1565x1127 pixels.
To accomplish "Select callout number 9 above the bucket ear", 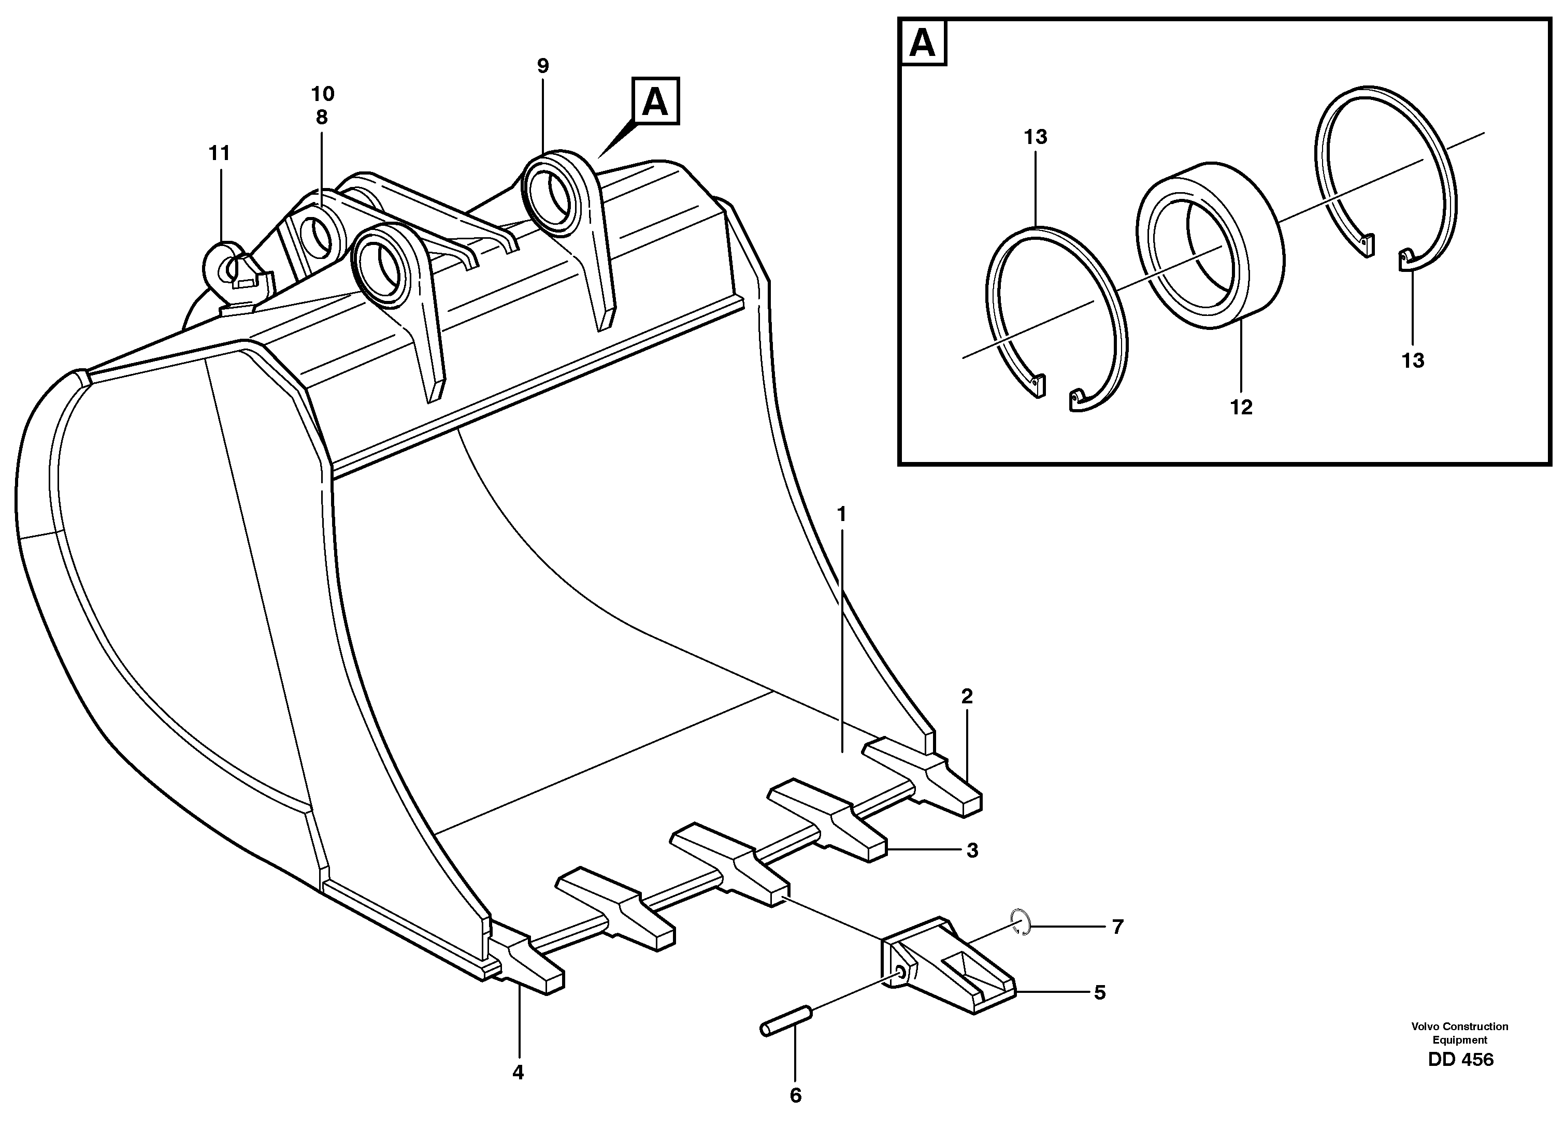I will [542, 66].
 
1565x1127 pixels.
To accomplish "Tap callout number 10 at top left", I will [322, 94].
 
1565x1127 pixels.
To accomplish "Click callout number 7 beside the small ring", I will [1117, 927].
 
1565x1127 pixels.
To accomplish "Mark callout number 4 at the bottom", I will [518, 1073].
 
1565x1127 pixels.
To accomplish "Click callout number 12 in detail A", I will [1240, 408].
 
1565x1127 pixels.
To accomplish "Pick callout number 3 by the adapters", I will [971, 850].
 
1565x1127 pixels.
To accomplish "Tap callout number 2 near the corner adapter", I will [966, 697].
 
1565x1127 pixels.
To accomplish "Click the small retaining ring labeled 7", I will [1021, 922].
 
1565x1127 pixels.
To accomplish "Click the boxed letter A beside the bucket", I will [654, 102].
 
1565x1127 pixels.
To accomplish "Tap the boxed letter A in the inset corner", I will [923, 44].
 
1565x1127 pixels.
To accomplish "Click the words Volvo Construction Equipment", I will [1459, 1033].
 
